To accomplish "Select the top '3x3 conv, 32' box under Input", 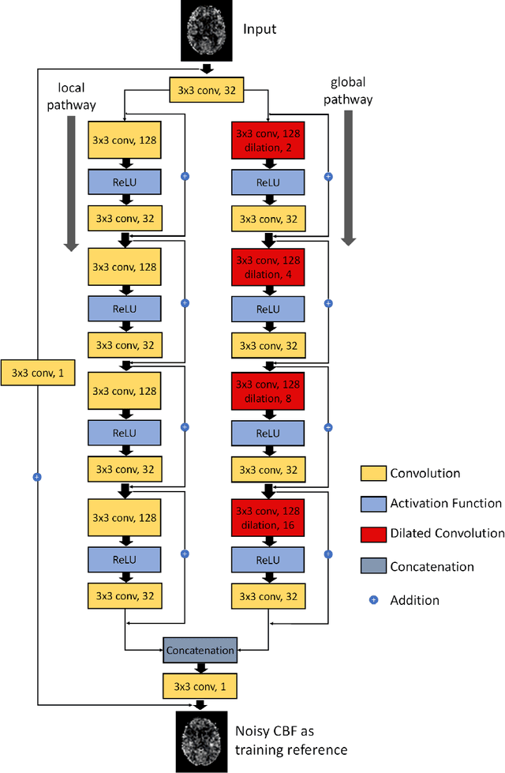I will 201,91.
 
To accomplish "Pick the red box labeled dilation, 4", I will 267,267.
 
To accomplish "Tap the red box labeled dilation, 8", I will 267,392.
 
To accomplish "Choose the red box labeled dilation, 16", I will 267,517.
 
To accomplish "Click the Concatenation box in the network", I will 200,651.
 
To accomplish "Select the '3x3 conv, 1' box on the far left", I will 38,373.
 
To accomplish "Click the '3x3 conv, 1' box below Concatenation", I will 200,686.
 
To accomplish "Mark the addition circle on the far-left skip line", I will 36,477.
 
